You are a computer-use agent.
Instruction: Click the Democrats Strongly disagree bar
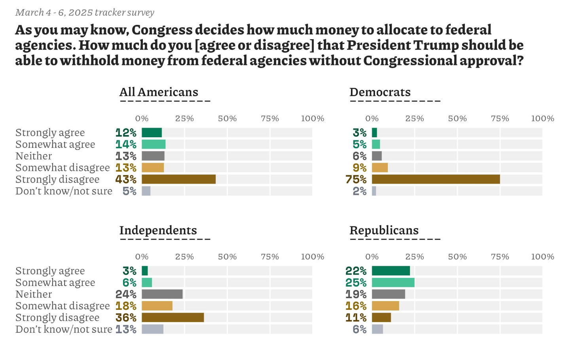(436, 179)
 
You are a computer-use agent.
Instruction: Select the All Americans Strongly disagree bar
(178, 179)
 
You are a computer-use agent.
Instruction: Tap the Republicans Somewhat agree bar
(393, 282)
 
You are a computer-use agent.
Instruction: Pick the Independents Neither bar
(162, 294)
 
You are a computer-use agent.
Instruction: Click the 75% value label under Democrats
(356, 180)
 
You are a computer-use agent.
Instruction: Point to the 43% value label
(126, 180)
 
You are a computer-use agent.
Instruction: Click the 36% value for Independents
(126, 318)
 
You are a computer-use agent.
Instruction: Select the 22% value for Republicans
(356, 271)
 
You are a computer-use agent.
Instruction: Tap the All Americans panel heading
(159, 92)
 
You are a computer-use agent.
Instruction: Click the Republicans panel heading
(384, 230)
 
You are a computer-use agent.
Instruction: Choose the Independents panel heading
(158, 230)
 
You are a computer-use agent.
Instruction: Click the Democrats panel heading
(380, 92)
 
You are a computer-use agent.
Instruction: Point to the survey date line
(85, 12)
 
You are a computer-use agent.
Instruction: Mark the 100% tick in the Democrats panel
(542, 118)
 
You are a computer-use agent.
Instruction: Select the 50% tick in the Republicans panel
(457, 257)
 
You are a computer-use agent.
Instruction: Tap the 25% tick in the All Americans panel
(184, 118)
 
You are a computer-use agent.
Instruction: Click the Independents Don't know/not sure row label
(64, 329)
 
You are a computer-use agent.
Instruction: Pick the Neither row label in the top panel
(34, 156)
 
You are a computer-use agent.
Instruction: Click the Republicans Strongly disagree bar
(381, 318)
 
